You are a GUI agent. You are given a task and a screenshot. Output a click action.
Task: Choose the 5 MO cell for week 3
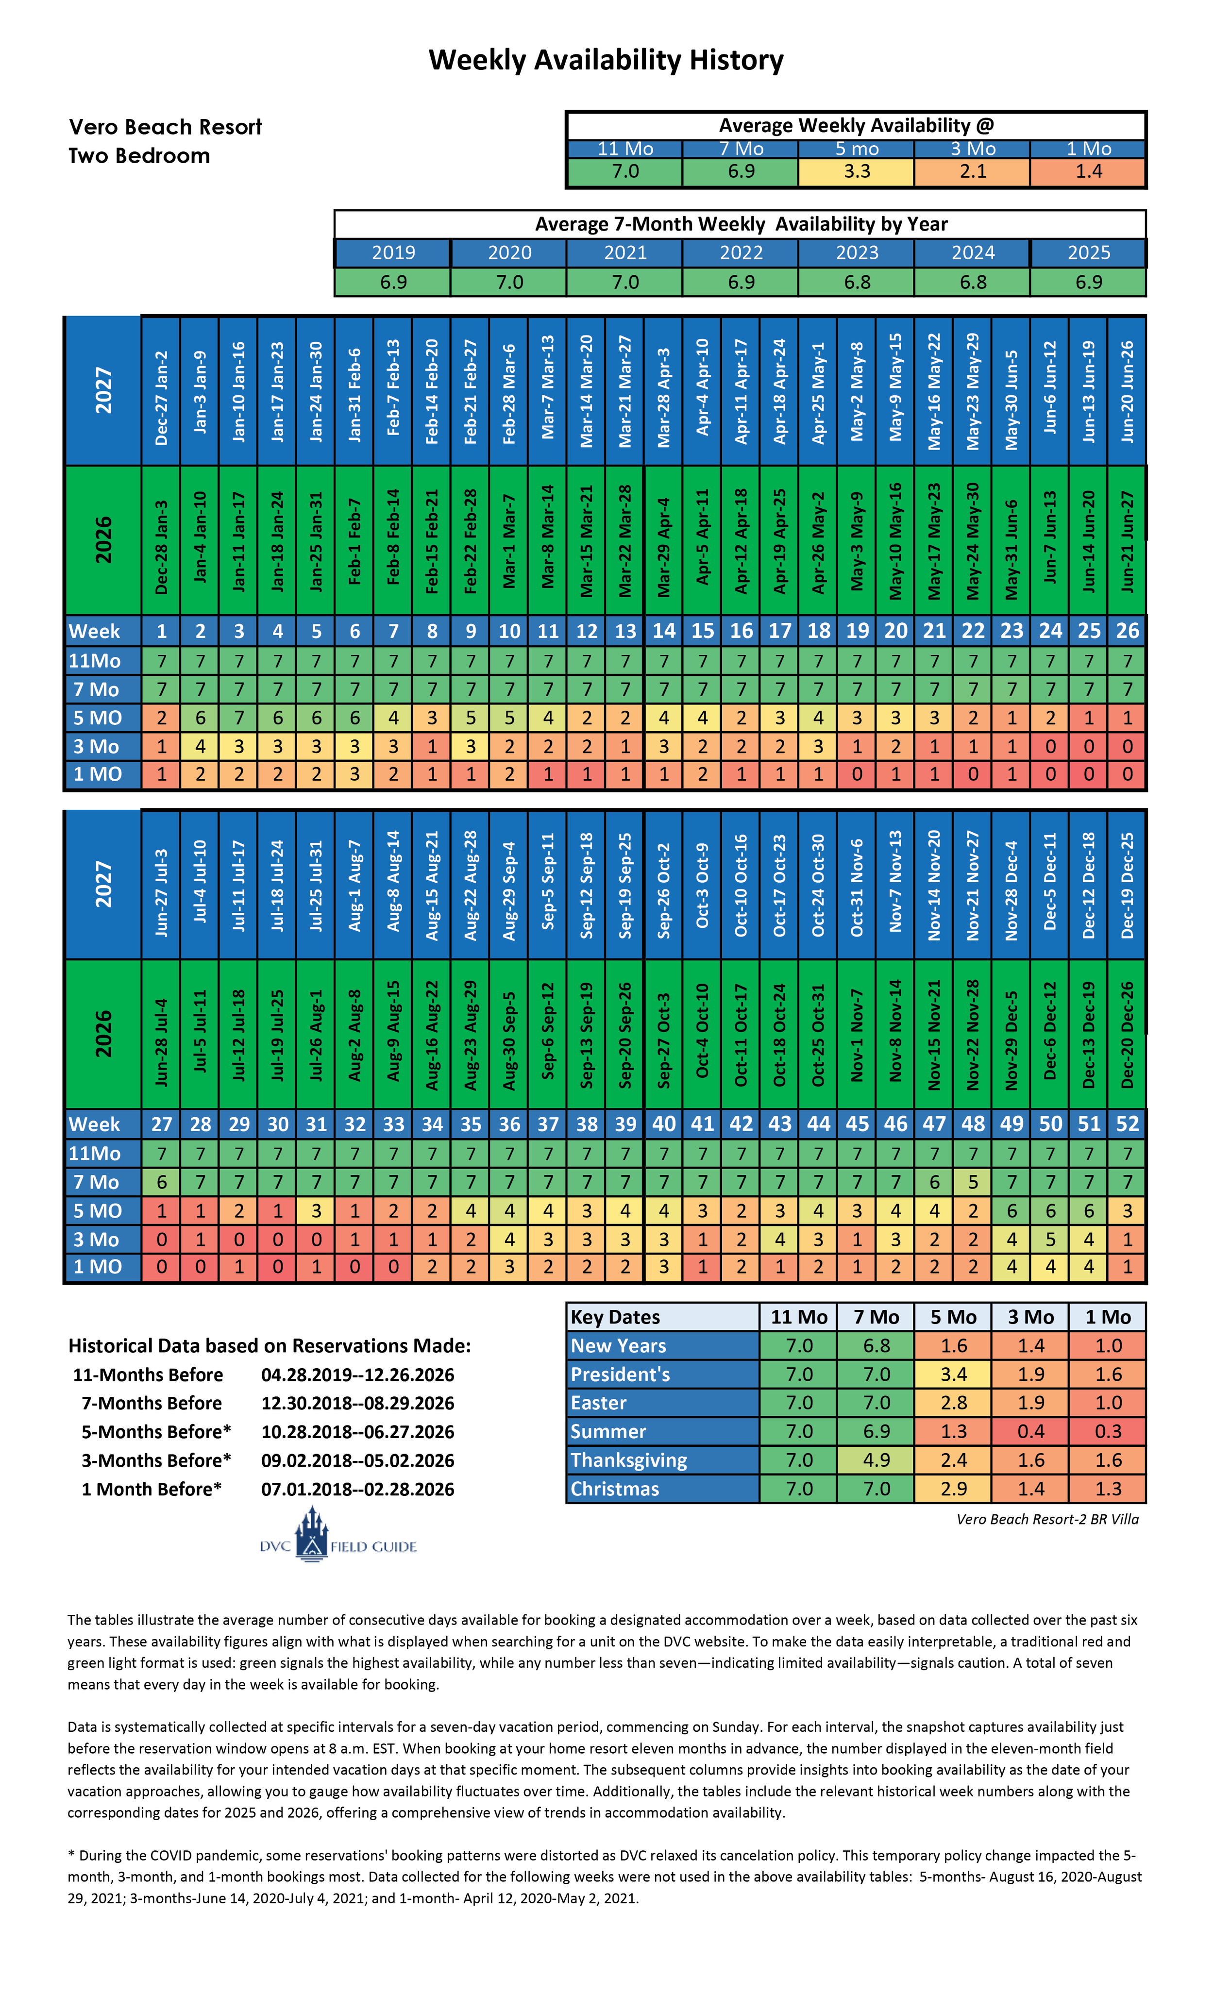pos(239,718)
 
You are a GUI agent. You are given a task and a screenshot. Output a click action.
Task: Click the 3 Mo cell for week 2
pos(200,746)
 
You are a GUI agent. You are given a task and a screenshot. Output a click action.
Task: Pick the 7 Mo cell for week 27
pos(162,1182)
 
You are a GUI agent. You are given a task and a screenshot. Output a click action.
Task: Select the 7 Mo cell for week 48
pos(973,1182)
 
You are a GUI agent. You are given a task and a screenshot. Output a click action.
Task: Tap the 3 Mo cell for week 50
pos(1050,1239)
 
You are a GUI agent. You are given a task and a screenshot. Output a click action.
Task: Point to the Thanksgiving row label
pos(629,1460)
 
